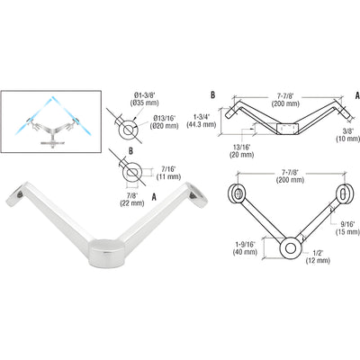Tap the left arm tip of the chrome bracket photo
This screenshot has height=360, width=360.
pyautogui.click(x=17, y=193)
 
